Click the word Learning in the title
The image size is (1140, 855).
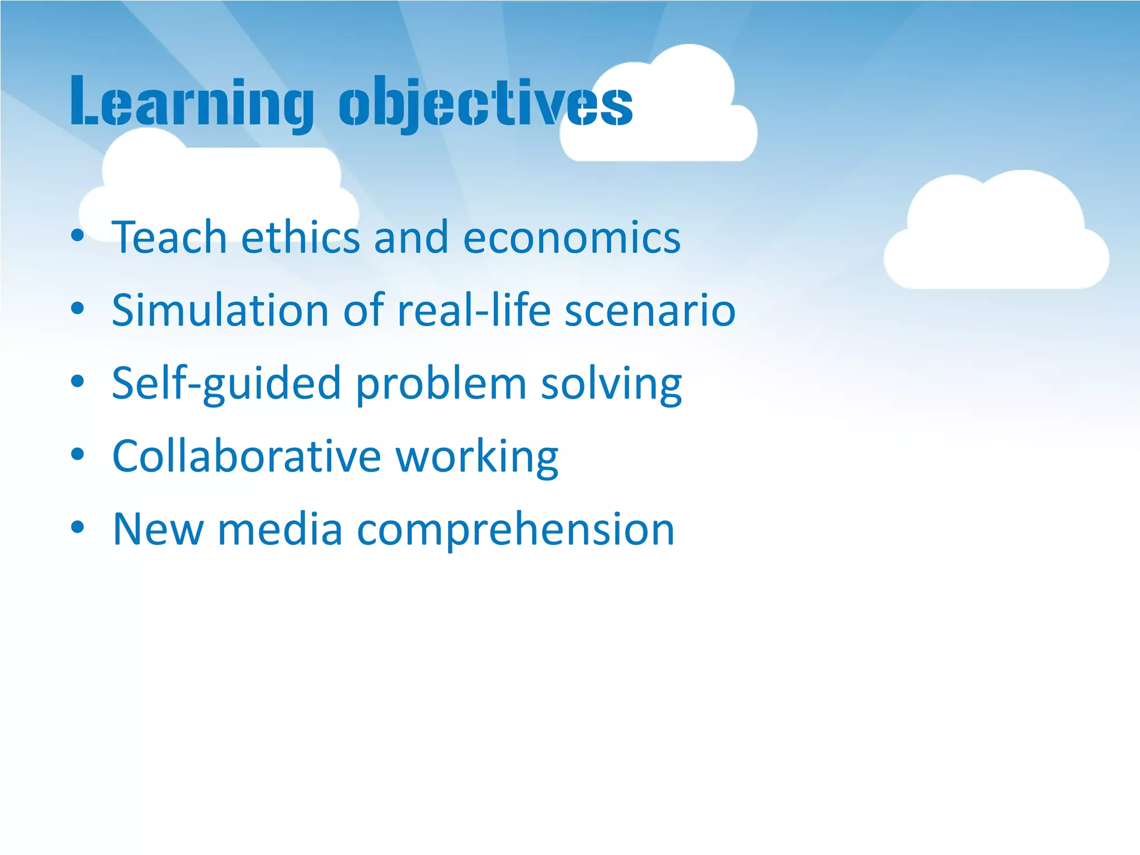pyautogui.click(x=192, y=103)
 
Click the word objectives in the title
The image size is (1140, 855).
pyautogui.click(x=485, y=103)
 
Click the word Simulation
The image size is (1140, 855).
pyautogui.click(x=220, y=310)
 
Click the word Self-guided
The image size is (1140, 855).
pyautogui.click(x=226, y=384)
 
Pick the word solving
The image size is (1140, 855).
pyautogui.click(x=611, y=384)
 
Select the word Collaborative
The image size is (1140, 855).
pyautogui.click(x=247, y=456)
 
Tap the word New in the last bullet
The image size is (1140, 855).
pyautogui.click(x=158, y=529)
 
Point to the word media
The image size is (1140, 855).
pyautogui.click(x=280, y=529)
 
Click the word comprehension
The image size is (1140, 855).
pyautogui.click(x=515, y=529)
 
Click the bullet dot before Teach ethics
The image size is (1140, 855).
pyautogui.click(x=77, y=235)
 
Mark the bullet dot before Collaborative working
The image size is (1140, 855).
pyautogui.click(x=77, y=454)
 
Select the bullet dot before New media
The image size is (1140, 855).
pyautogui.click(x=77, y=527)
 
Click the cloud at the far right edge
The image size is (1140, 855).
pyautogui.click(x=996, y=239)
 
